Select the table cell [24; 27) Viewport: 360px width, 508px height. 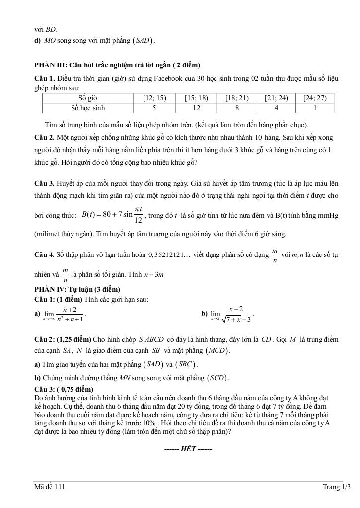[315, 98]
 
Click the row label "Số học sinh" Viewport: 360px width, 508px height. [88, 108]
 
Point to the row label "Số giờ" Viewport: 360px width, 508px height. [88, 98]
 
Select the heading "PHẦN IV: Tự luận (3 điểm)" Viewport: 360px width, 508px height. [77, 289]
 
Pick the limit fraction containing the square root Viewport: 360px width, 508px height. [236, 314]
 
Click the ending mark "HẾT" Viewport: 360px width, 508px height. [188, 449]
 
